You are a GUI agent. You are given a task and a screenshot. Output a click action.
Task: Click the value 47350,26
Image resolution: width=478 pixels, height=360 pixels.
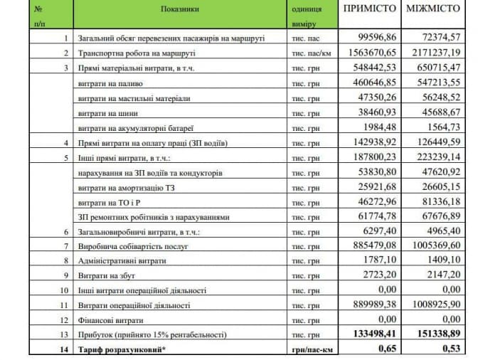[378, 97]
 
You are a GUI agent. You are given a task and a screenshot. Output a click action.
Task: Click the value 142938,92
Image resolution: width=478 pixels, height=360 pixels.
[375, 143]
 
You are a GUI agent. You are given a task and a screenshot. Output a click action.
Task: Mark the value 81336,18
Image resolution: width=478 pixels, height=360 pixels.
[439, 203]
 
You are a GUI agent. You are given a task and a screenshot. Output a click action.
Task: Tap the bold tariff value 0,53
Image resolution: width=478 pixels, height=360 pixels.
[448, 349]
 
